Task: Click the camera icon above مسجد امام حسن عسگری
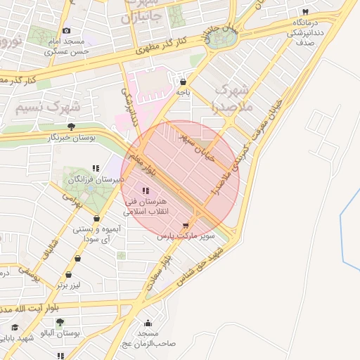(x=67, y=30)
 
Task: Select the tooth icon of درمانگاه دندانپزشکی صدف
(x=305, y=13)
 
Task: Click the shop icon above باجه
(x=183, y=81)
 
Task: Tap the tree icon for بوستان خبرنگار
(x=71, y=127)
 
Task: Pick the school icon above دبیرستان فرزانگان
(x=95, y=169)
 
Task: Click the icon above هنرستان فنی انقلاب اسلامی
(x=146, y=191)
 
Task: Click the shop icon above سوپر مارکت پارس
(x=186, y=225)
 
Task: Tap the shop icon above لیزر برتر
(x=69, y=275)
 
